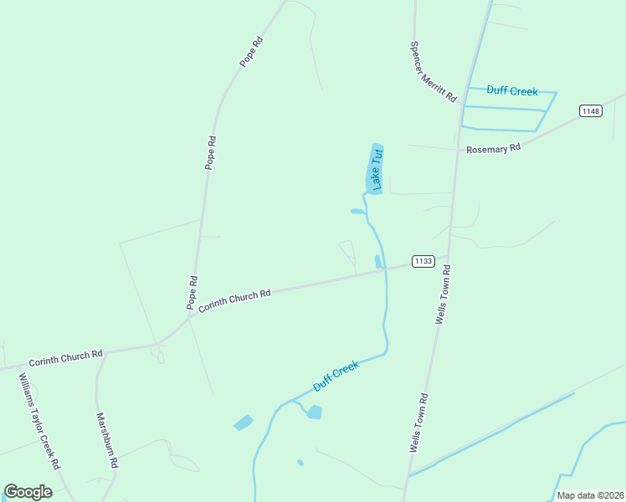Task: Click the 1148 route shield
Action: pos(591,111)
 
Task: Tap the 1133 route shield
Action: pos(423,261)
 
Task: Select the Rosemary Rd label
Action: pos(494,147)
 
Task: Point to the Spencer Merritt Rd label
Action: pos(433,72)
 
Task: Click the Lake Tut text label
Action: pos(377,167)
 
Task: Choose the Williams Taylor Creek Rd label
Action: pos(39,420)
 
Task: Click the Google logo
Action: pos(28,492)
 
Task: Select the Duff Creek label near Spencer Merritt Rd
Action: pos(512,90)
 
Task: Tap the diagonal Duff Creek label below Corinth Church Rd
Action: pos(336,376)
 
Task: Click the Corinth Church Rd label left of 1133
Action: pos(234,300)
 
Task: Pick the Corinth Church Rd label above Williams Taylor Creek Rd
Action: pos(65,358)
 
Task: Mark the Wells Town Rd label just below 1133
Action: pos(443,295)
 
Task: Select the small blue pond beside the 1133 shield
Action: pos(378,261)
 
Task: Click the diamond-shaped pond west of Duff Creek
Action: pos(244,423)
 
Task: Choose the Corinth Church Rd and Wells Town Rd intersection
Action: pos(448,259)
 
